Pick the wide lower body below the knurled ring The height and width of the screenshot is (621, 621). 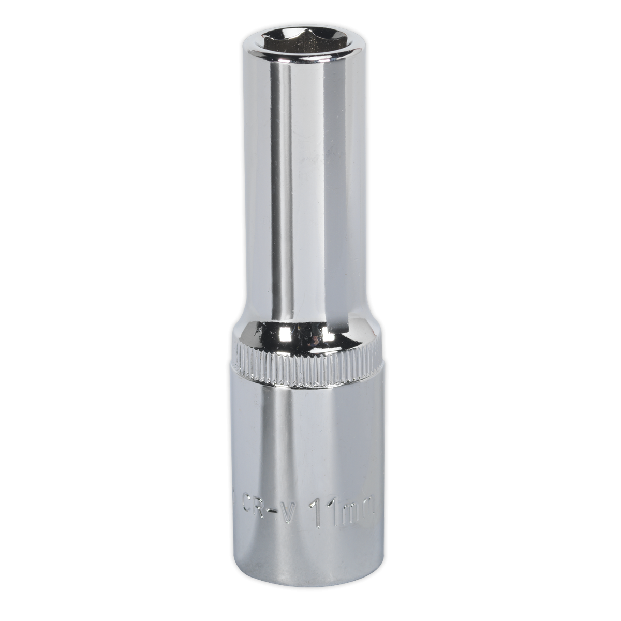[305, 440]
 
